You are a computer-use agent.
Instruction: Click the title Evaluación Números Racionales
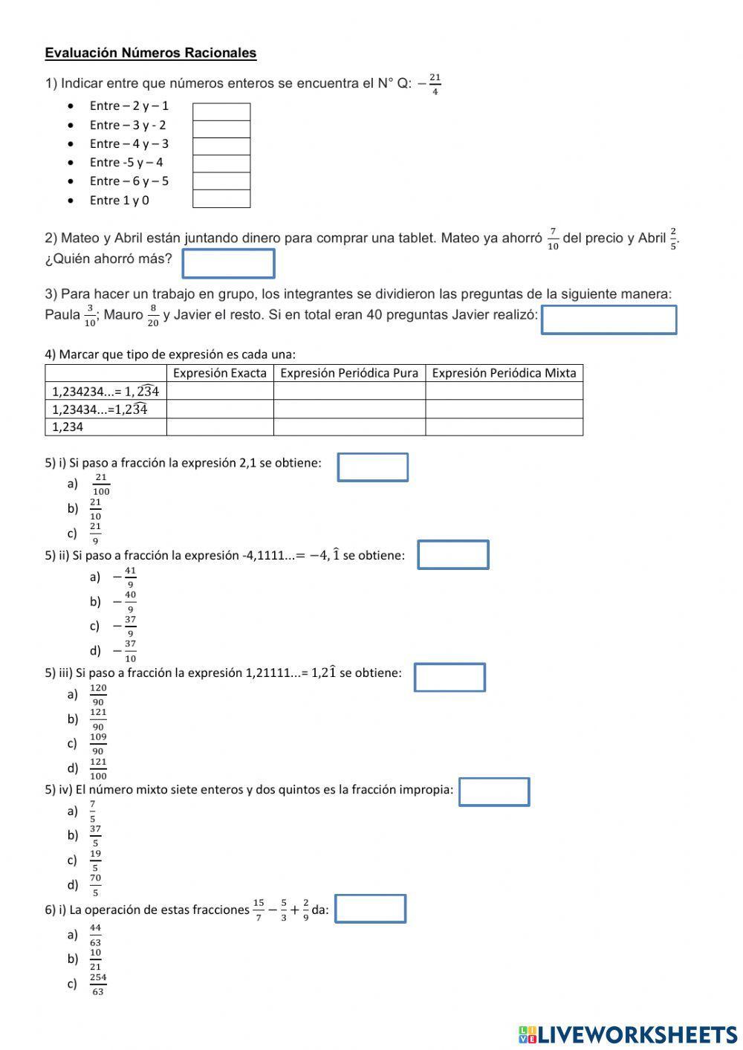click(x=151, y=53)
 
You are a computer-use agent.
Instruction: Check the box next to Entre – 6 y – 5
click(x=221, y=181)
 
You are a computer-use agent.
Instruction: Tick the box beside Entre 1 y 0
click(x=221, y=199)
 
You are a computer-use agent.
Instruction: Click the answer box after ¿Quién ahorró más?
click(x=228, y=263)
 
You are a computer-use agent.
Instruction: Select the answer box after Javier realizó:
click(x=609, y=320)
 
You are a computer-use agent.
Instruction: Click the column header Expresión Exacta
click(x=220, y=373)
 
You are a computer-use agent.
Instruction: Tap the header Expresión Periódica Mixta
click(x=504, y=373)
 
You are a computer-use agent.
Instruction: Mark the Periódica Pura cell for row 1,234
click(x=349, y=427)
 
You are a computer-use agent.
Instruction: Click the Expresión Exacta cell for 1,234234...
click(x=220, y=391)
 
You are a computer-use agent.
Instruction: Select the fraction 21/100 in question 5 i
click(x=101, y=484)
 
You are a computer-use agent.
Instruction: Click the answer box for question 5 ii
click(x=453, y=555)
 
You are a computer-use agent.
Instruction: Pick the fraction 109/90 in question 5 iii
click(x=98, y=743)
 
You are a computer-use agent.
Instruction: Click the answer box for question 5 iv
click(x=494, y=791)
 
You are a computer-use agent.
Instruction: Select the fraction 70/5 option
click(x=96, y=884)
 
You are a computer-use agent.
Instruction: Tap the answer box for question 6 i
click(x=370, y=909)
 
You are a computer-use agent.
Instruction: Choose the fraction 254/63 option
click(x=98, y=984)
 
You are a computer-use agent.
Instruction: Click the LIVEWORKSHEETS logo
click(x=627, y=1034)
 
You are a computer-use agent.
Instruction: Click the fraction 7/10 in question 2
click(x=553, y=239)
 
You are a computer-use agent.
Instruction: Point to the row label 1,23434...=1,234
click(x=100, y=409)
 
